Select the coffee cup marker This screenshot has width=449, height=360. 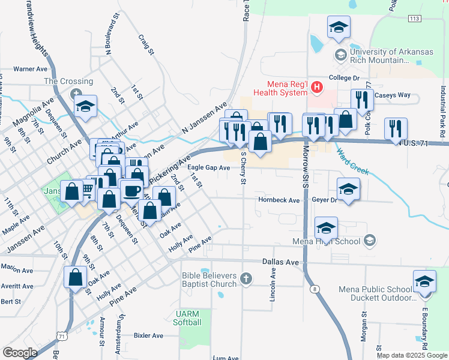tap(131, 191)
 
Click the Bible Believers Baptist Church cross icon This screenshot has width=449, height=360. tap(245, 278)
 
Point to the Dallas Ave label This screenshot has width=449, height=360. tap(280, 262)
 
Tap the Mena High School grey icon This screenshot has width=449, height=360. tap(370, 241)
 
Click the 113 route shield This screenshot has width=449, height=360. tap(414, 19)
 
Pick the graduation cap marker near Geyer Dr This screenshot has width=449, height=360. tap(349, 190)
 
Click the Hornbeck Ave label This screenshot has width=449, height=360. tap(279, 200)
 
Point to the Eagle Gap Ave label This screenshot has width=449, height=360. tap(209, 168)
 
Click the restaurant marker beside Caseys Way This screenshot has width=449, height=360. tap(362, 100)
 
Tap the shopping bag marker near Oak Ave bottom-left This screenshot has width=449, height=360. tap(76, 277)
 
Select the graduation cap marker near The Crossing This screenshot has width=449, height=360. tap(86, 106)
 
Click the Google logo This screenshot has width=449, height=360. tap(20, 353)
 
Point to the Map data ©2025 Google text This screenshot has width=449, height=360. tap(411, 355)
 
